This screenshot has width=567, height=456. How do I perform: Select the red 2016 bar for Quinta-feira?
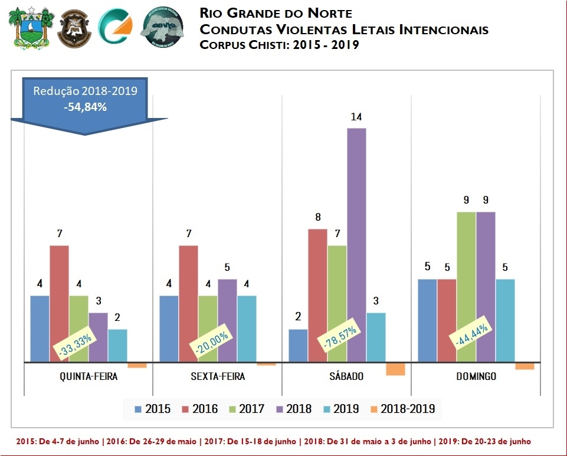point(59,303)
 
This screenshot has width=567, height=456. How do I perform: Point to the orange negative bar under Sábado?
point(395,369)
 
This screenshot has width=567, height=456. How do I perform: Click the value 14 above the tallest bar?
point(356,117)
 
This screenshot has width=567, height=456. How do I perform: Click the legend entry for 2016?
point(199,408)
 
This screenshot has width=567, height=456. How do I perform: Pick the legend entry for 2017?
point(246,408)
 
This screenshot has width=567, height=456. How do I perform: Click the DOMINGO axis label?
point(476,376)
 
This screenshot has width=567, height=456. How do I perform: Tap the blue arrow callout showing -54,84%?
point(86,103)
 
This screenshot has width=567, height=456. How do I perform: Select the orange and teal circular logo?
point(116,28)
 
